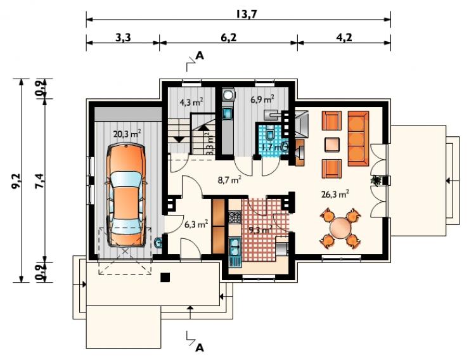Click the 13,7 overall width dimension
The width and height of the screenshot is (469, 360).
tap(247, 14)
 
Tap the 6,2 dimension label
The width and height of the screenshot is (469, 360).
tap(229, 37)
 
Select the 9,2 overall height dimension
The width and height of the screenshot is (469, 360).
tap(16, 181)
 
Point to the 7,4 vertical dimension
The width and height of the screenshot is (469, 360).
tap(40, 181)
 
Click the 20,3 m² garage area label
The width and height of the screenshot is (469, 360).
tap(127, 133)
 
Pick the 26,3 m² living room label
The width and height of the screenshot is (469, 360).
tap(335, 194)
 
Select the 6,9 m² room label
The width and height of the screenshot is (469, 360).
tap(262, 99)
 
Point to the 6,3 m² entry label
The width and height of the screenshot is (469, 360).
tap(196, 224)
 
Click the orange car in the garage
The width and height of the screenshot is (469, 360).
tap(125, 195)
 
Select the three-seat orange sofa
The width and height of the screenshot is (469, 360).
tap(358, 138)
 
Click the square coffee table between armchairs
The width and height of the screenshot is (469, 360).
tap(332, 145)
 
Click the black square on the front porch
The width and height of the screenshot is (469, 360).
tap(165, 278)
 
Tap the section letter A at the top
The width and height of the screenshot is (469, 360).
tap(199, 56)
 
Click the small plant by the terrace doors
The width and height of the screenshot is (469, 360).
tap(376, 180)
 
